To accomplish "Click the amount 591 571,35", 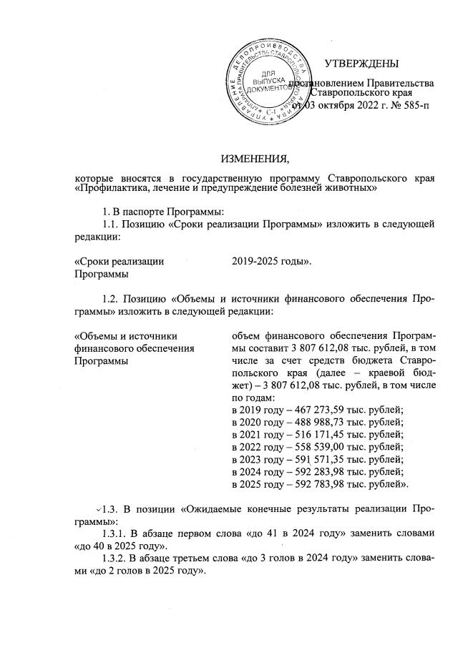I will pos(305,460).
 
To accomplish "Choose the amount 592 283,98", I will pos(305,473).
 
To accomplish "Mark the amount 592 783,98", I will pos(305,486).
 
